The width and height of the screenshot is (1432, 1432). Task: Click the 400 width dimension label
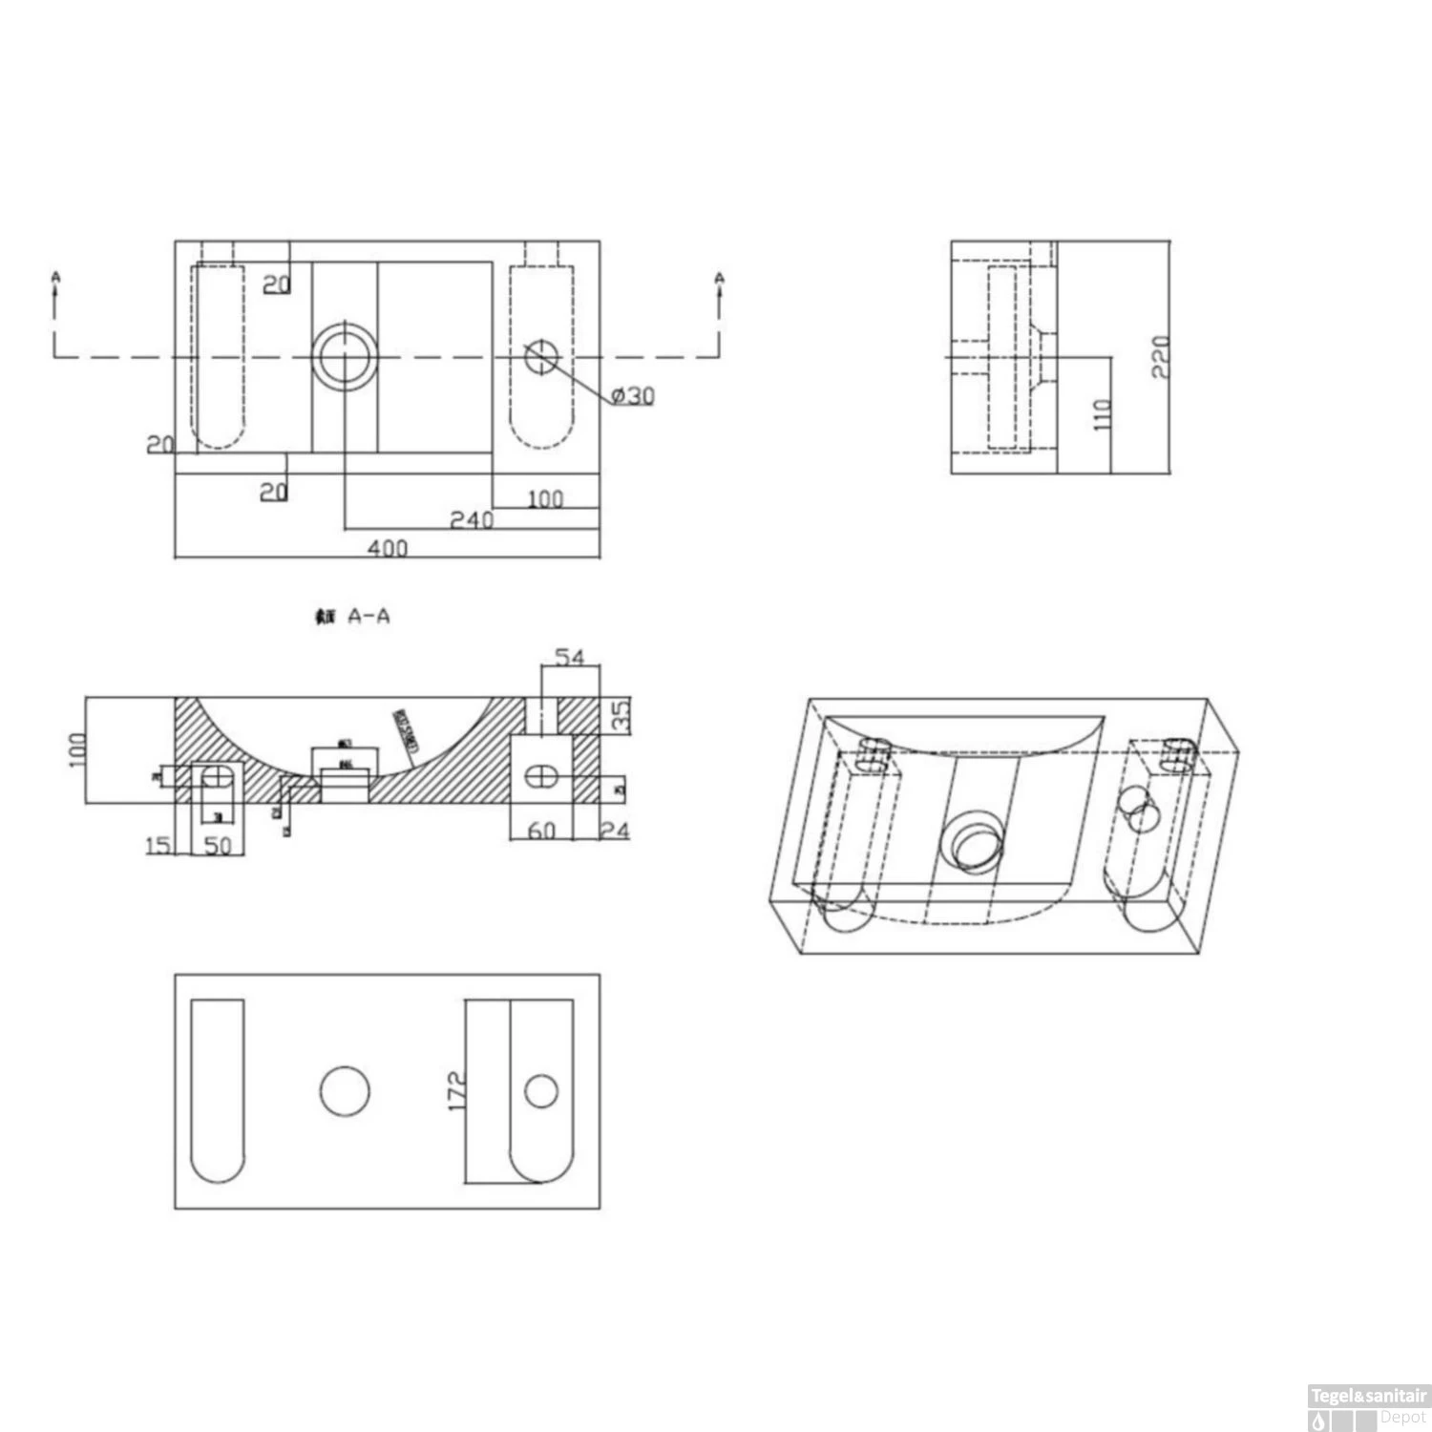coord(388,547)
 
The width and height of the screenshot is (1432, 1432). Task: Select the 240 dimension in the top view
coord(472,519)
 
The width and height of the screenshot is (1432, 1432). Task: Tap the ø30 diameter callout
coord(633,395)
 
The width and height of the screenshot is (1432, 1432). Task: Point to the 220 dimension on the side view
coord(1160,356)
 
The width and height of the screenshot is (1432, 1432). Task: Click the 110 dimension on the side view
coord(1102,414)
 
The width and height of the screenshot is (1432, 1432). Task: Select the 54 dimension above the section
coord(569,657)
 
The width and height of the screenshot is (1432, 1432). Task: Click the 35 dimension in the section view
coord(621,716)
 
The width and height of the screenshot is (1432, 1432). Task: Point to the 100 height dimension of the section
coord(78,749)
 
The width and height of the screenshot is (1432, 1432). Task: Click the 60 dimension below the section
coord(541,831)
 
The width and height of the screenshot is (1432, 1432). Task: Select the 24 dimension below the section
coord(616,831)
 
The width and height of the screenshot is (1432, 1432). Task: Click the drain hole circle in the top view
coord(345,357)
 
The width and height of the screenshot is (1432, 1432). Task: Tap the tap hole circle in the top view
coord(541,357)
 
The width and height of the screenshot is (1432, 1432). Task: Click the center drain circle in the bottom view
coord(345,1091)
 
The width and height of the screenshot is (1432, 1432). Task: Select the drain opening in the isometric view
coord(972,841)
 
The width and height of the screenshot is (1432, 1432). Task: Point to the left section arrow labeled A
coord(55,286)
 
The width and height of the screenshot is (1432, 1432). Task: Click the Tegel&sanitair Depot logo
coord(1367,1407)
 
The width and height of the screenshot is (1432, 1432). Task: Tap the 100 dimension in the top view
coord(545,497)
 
